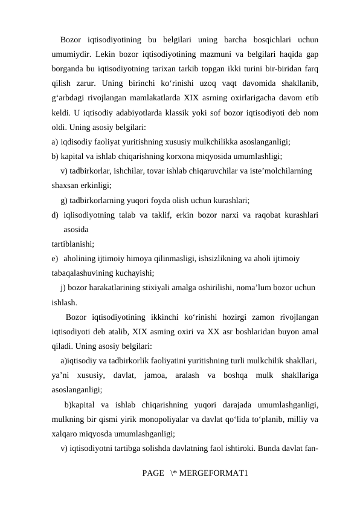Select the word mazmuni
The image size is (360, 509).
click(221, 54)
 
